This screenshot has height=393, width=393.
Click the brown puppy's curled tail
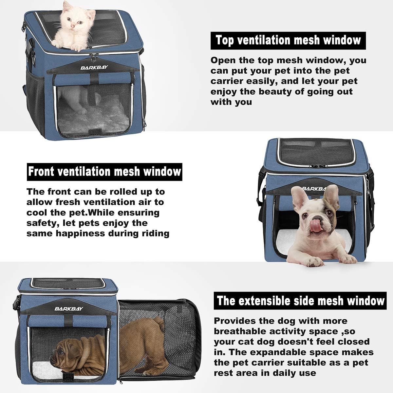(x=159, y=323)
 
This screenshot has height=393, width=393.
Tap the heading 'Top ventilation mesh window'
(x=288, y=41)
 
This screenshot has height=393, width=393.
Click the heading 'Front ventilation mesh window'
(x=104, y=172)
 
